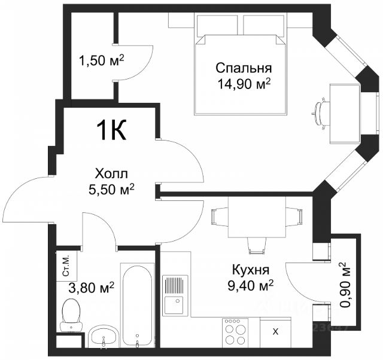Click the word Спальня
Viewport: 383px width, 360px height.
pos(244,69)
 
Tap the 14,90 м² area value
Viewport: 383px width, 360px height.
pos(244,84)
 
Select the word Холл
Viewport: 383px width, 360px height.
pos(111,174)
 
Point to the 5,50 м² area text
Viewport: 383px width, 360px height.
pos(111,190)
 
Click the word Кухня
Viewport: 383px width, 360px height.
pos(250,270)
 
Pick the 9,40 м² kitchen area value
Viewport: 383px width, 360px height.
pos(250,285)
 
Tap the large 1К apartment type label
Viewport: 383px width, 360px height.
pos(112,130)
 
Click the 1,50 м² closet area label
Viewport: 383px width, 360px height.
pos(102,60)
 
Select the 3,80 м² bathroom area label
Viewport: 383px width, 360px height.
pos(91,288)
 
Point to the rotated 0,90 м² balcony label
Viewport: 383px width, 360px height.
pos(346,285)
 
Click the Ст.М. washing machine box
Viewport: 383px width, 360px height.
pos(66,266)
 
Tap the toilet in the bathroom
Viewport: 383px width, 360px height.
pos(71,316)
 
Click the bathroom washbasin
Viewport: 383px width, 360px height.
pos(104,336)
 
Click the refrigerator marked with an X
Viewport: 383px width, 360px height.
pos(275,332)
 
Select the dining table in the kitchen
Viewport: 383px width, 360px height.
pos(257,216)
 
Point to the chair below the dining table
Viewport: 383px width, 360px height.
pos(257,246)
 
